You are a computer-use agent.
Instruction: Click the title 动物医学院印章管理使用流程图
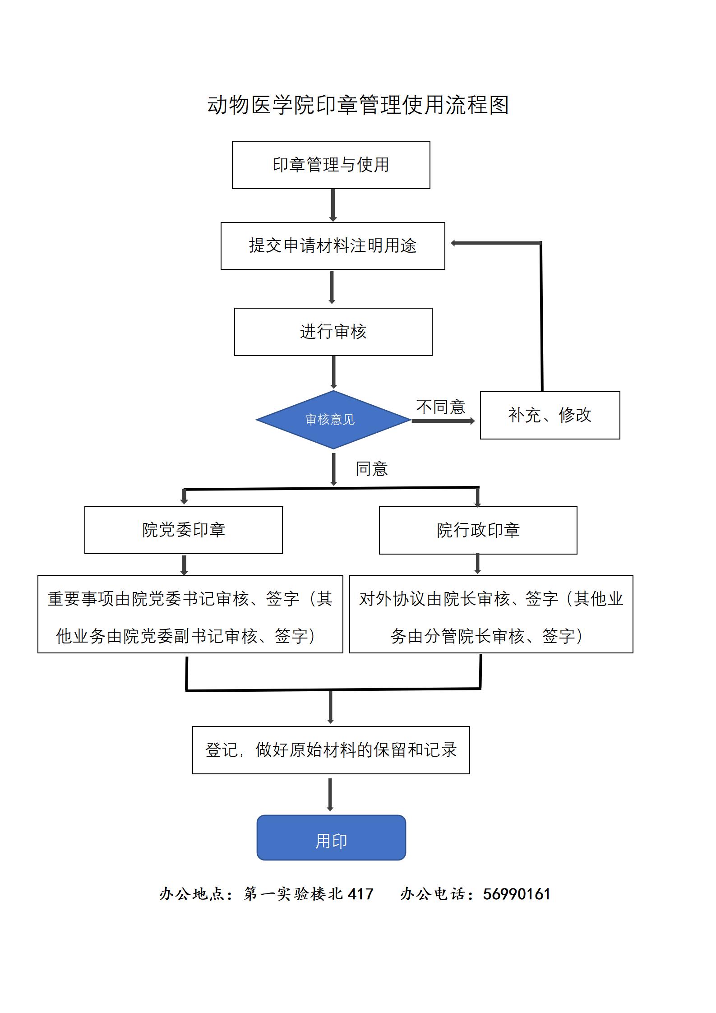tap(358, 105)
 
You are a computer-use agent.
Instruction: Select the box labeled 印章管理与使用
tap(331, 165)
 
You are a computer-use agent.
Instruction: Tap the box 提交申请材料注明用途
tap(333, 246)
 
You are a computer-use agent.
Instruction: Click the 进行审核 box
tap(333, 332)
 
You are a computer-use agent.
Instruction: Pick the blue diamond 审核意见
tap(333, 420)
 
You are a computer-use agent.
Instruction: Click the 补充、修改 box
tap(550, 415)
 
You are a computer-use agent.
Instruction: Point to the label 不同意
tap(440, 407)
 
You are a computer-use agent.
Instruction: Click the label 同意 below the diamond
tap(371, 469)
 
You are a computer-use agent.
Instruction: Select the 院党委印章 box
tap(183, 530)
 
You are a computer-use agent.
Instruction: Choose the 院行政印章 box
tap(478, 530)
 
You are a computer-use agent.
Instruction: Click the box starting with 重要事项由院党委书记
tap(190, 614)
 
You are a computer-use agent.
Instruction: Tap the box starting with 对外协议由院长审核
tap(491, 614)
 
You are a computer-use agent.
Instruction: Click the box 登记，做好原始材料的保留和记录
tap(331, 750)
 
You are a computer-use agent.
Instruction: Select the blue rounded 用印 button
tap(331, 837)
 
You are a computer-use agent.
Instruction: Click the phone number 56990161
tap(516, 894)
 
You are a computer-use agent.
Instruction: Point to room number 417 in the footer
tap(360, 894)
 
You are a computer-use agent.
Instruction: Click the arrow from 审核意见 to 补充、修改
tap(442, 421)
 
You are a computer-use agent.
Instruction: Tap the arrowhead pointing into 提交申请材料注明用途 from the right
tap(454, 243)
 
